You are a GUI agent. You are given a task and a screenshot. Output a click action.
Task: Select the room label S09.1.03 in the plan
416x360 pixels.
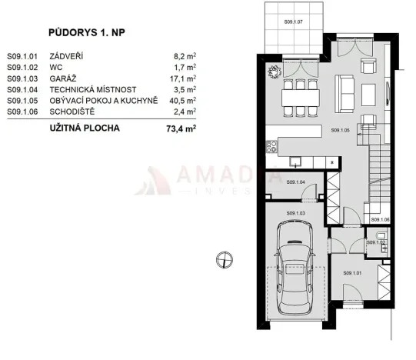click(296, 212)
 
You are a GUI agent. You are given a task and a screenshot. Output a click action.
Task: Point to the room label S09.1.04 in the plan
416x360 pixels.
click(296, 182)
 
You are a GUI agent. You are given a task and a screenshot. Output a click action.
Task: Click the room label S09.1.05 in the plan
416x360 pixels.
click(341, 131)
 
